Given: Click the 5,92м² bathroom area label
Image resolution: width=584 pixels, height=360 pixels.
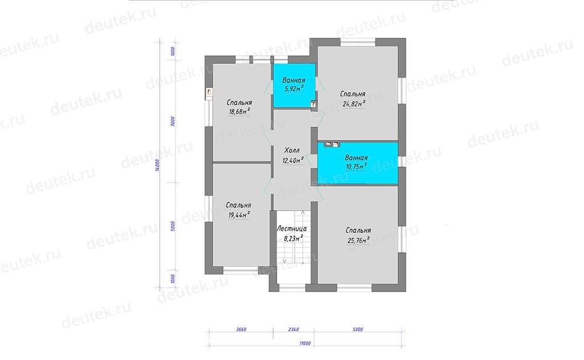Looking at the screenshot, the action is [294, 88].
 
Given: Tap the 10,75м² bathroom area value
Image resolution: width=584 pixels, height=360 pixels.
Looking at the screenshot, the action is [356, 166].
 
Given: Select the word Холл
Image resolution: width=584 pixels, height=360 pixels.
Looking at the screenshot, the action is [292, 151].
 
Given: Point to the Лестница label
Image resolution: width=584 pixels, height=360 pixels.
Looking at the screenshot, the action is [291, 229].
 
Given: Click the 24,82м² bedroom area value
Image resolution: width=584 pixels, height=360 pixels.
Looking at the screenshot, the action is [354, 104].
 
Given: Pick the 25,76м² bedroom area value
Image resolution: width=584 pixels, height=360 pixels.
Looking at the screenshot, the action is [358, 240].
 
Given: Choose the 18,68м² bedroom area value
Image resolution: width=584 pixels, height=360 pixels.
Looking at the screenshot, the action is [239, 111].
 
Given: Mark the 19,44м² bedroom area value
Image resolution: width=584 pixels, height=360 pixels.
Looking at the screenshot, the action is [239, 214].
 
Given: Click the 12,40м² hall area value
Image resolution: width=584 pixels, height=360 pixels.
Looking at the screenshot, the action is [293, 160].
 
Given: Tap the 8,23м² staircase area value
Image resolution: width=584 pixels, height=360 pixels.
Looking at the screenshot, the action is [293, 238].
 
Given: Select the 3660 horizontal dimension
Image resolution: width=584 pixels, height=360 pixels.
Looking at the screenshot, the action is [241, 329].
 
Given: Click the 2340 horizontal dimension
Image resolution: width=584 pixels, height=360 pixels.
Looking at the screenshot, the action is [294, 329].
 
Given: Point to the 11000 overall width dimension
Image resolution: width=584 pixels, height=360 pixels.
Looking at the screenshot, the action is [305, 343].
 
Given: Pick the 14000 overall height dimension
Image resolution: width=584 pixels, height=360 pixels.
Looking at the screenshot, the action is [157, 165].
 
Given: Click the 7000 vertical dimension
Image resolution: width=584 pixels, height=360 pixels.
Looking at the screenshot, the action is [172, 122].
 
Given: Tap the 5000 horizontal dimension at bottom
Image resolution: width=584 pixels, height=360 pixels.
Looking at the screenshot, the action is [358, 329].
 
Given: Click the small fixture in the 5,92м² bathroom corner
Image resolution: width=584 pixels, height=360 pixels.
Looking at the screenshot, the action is [314, 105].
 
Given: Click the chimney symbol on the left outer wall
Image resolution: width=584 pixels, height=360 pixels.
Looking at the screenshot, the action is [209, 93].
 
